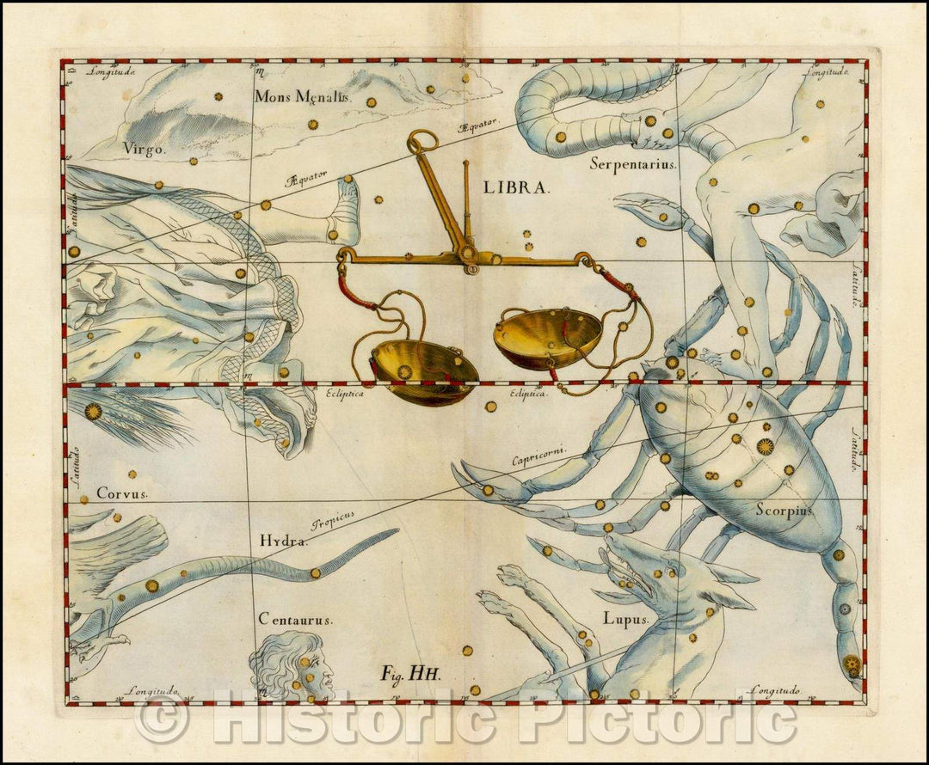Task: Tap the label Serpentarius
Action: pyautogui.click(x=634, y=162)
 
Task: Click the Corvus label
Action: pyautogui.click(x=122, y=493)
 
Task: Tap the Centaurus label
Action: pyautogui.click(x=295, y=619)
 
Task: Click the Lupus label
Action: pyautogui.click(x=625, y=618)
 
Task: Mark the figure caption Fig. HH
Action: pyautogui.click(x=410, y=674)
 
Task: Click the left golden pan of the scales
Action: pyautogui.click(x=423, y=370)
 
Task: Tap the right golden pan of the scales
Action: pyautogui.click(x=547, y=337)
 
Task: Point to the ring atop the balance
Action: pyautogui.click(x=422, y=141)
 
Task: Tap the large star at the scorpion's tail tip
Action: pyautogui.click(x=852, y=663)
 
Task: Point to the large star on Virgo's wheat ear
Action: pyautogui.click(x=93, y=411)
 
